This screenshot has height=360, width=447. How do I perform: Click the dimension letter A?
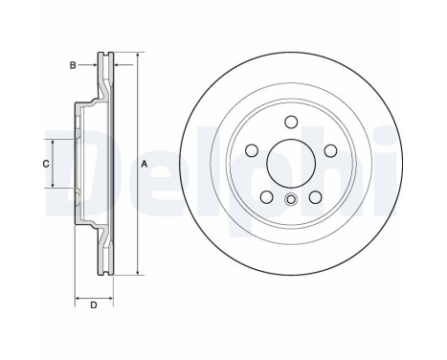click(x=145, y=164)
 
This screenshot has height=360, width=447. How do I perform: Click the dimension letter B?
click(x=73, y=65)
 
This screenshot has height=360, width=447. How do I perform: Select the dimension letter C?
click(x=46, y=164)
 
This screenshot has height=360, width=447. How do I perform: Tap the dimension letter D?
click(x=94, y=305)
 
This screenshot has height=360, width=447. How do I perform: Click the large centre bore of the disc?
click(x=291, y=164)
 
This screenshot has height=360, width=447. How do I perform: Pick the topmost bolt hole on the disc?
click(x=291, y=122)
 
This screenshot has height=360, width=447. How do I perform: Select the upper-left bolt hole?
click(x=252, y=150)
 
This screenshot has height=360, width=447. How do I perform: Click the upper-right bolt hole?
click(x=331, y=150)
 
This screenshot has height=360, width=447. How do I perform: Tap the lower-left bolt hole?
click(x=266, y=197)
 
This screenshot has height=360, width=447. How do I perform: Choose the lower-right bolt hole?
click(x=316, y=197)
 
